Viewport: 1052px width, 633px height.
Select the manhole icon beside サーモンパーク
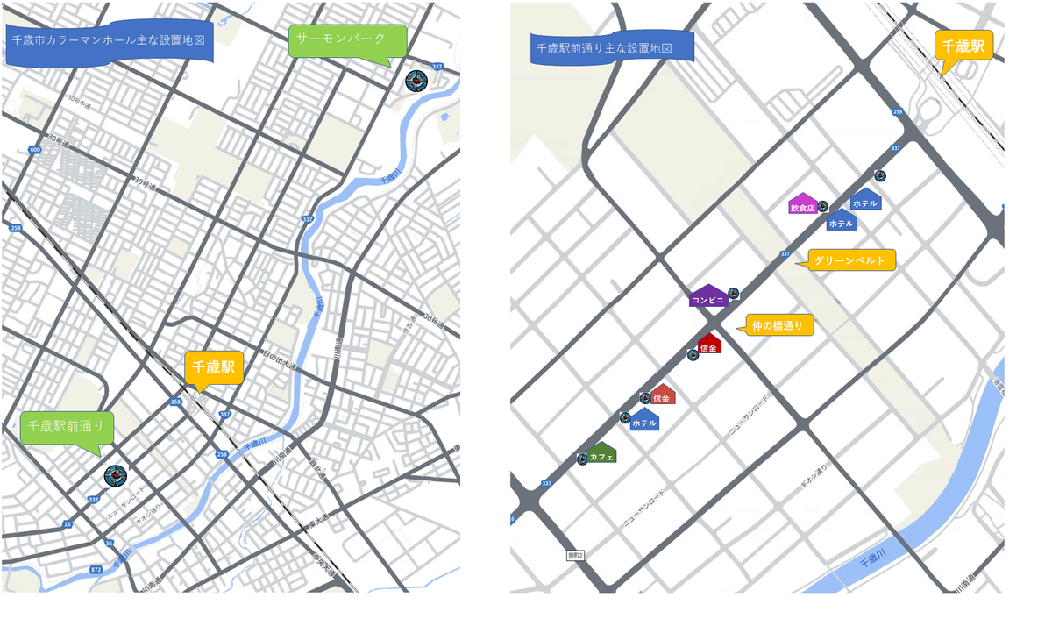(416, 81)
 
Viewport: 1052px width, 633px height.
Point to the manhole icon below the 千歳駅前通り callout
(115, 476)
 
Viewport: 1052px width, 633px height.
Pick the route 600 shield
(34, 150)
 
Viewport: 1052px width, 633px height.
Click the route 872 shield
(96, 569)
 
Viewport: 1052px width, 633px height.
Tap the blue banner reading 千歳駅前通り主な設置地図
(612, 47)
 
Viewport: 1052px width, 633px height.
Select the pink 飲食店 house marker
(802, 206)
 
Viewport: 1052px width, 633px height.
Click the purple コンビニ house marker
(708, 297)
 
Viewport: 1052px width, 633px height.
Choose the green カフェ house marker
(601, 454)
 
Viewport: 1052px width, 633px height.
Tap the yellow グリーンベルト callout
(849, 260)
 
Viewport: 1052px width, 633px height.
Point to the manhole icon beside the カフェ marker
(582, 459)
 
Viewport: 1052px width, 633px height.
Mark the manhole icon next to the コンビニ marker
(734, 293)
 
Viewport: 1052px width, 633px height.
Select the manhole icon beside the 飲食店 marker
(822, 206)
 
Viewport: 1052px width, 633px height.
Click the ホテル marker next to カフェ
(644, 421)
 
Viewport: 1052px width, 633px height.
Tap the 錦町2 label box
(575, 555)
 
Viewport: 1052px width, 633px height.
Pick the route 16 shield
(67, 524)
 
